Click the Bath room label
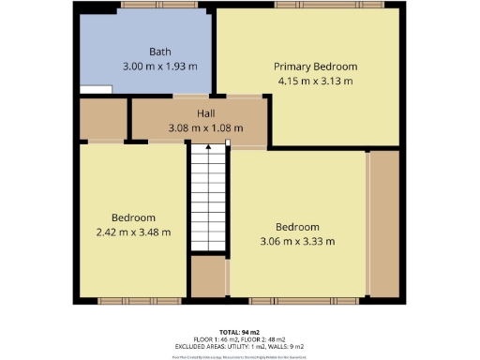point(160,52)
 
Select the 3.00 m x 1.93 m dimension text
point(160,67)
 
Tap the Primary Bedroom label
point(315,67)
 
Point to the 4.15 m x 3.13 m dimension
point(315,82)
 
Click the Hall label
point(204,112)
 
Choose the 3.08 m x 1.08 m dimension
point(204,127)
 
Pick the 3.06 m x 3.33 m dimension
point(297,241)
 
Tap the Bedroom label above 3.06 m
point(297,227)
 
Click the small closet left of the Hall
point(102,118)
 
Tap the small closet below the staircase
point(208,276)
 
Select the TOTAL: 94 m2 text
point(240,333)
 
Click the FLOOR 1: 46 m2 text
point(215,340)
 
